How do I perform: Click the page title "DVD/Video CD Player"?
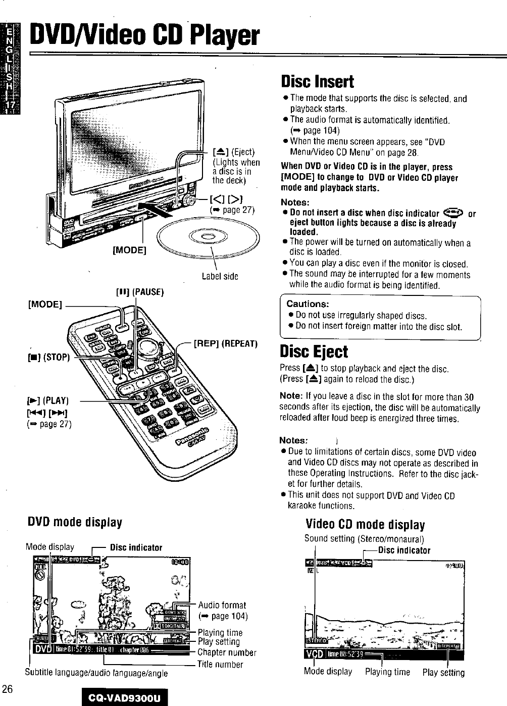pyautogui.click(x=144, y=36)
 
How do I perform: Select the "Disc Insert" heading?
pyautogui.click(x=317, y=81)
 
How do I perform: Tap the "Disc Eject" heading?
pyautogui.click(x=314, y=351)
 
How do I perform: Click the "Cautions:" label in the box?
pyautogui.click(x=308, y=304)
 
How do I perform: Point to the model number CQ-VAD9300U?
pyautogui.click(x=124, y=698)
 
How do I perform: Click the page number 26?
pyautogui.click(x=7, y=689)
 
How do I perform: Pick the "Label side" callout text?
pyautogui.click(x=220, y=276)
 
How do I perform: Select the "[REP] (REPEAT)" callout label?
pyautogui.click(x=226, y=344)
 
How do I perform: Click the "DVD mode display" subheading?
pyautogui.click(x=75, y=522)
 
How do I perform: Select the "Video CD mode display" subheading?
pyautogui.click(x=365, y=525)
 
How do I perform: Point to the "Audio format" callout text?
pyautogui.click(x=222, y=605)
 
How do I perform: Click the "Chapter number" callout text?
pyautogui.click(x=227, y=652)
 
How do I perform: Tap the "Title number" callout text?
pyautogui.click(x=220, y=665)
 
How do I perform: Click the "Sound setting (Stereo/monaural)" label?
pyautogui.click(x=364, y=538)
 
